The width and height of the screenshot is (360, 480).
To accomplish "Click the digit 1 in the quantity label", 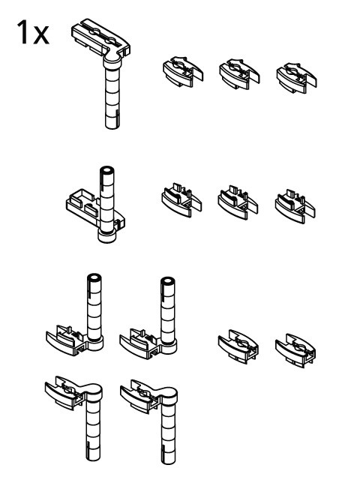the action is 23,32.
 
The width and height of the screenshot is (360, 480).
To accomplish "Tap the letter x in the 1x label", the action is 41,35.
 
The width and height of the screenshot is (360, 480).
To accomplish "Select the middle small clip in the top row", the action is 239,74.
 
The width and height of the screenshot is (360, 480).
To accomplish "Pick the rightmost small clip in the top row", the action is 296,78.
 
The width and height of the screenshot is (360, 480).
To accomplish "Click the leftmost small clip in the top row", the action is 183,71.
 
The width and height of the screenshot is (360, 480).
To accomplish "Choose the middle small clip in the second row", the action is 238,202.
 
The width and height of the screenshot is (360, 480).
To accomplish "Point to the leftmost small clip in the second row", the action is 181,199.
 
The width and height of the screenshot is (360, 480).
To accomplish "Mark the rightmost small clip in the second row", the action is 295,206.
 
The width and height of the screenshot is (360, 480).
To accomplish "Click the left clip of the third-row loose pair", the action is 238,346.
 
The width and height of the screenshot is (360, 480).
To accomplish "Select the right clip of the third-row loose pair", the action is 295,350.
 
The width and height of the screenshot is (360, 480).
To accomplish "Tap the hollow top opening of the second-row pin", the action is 106,170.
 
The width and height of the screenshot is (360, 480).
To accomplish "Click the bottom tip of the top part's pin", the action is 112,126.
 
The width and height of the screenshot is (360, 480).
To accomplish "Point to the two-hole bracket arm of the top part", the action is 100,37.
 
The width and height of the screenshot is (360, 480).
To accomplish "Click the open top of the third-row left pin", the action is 94,278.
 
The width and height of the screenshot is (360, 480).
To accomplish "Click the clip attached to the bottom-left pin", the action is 65,392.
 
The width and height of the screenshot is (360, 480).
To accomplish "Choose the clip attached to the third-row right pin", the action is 140,343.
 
